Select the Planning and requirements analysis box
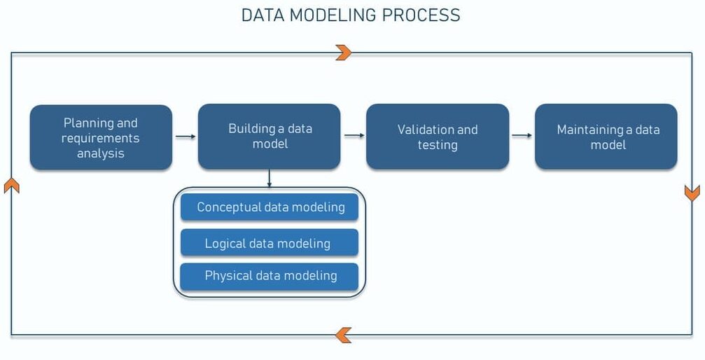[x=101, y=137]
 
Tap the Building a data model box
[x=270, y=137]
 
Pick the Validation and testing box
[x=438, y=137]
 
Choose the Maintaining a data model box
[x=606, y=137]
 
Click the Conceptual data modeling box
[x=270, y=207]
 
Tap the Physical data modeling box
[x=270, y=276]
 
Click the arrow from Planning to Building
[x=185, y=137]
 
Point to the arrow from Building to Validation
[x=354, y=136]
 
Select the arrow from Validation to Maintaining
[x=522, y=136]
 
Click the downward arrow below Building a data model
[x=270, y=179]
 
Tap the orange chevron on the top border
[x=343, y=53]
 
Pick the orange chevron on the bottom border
[x=343, y=335]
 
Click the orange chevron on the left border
[x=11, y=185]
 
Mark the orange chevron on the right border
[x=692, y=193]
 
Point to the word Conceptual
[x=229, y=207]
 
